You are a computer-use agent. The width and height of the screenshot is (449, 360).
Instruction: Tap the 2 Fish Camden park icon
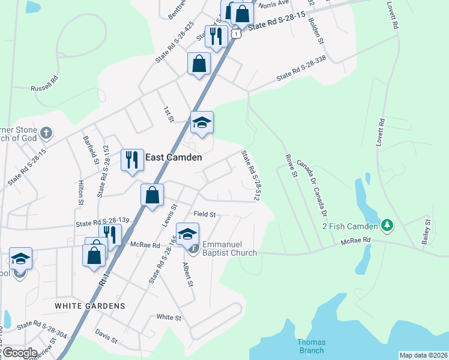tap(388, 226)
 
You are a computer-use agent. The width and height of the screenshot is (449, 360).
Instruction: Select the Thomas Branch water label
tap(311, 346)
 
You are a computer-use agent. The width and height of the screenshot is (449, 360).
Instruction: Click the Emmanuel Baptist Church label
tap(229, 249)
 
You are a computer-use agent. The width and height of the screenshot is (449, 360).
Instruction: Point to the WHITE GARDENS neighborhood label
tap(90, 305)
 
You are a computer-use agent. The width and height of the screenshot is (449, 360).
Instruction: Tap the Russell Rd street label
tap(45, 83)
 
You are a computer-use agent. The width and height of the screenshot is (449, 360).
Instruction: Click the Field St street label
tap(204, 214)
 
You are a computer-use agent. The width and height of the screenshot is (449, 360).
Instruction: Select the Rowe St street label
tap(291, 166)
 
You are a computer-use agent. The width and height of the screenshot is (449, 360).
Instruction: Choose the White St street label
tap(168, 317)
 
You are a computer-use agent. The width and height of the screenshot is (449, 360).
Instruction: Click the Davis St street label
tap(106, 336)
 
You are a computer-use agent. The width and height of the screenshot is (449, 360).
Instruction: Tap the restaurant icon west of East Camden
tap(132, 160)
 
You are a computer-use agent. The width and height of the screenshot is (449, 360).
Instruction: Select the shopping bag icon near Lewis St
tap(152, 194)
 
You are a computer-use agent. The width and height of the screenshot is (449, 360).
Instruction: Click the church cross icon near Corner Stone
tap(47, 132)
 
